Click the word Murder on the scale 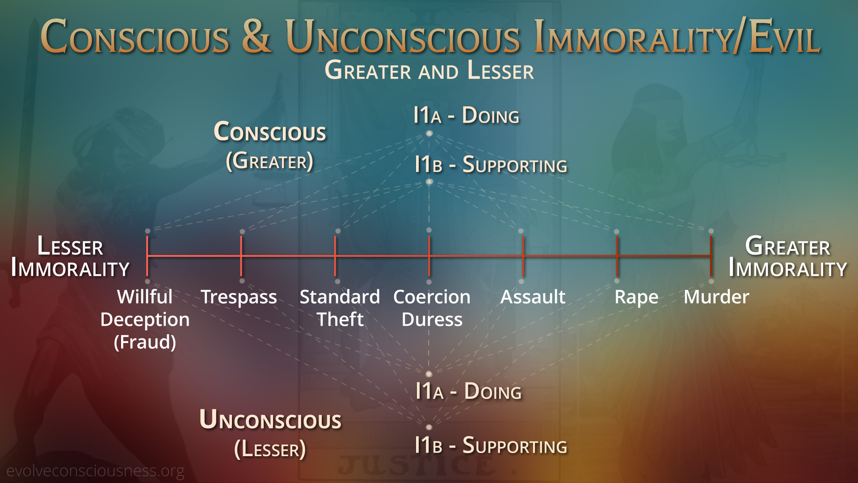point(716,297)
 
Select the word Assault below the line point(533,297)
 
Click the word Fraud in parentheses point(145,342)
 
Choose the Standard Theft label point(340,308)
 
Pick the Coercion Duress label point(432,308)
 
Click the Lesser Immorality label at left point(70,257)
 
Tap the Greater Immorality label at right point(787,257)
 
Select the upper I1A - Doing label point(466,115)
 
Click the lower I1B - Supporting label point(491,445)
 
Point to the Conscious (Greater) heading point(270,146)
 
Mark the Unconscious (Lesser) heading point(270,433)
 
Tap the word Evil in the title point(784,37)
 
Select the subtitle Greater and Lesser point(429,70)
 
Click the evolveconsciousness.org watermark point(95,471)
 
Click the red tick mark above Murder point(711,256)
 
